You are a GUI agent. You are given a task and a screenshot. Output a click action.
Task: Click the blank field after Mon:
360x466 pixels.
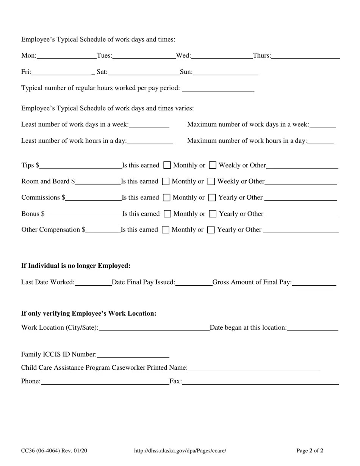click(x=67, y=56)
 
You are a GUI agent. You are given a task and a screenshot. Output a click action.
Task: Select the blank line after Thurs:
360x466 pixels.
click(x=305, y=56)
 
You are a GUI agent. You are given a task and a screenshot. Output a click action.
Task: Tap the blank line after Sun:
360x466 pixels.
click(x=225, y=72)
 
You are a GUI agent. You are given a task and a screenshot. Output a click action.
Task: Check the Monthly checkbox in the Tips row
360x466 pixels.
click(x=167, y=165)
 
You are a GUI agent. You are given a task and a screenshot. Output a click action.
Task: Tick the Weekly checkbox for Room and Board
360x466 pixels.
click(x=211, y=181)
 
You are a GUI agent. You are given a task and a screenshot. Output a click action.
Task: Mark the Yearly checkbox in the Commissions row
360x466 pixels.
click(x=212, y=197)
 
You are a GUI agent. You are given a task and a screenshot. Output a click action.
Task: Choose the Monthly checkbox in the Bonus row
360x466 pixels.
click(x=167, y=214)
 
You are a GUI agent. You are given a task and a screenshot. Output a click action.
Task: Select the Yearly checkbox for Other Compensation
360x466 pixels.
click(x=211, y=230)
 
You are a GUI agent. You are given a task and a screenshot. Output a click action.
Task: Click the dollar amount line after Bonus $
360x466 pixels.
click(x=83, y=214)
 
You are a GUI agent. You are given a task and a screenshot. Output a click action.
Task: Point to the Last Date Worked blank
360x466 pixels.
click(x=93, y=282)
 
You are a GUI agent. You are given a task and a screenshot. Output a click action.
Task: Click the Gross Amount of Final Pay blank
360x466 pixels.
click(x=314, y=282)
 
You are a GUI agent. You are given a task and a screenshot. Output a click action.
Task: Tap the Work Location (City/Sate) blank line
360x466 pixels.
click(x=154, y=328)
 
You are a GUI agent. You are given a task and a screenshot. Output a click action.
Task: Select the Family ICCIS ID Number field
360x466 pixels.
click(x=133, y=354)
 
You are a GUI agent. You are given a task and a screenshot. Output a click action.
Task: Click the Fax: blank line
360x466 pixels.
click(x=260, y=382)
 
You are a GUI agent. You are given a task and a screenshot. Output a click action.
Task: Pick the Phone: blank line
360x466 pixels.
click(x=105, y=382)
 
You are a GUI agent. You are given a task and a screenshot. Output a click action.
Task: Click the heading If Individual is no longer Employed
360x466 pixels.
click(x=76, y=266)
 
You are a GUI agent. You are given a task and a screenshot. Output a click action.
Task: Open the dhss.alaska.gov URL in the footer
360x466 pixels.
click(x=180, y=450)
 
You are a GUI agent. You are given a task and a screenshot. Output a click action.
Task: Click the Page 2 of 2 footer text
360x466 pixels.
click(x=310, y=450)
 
